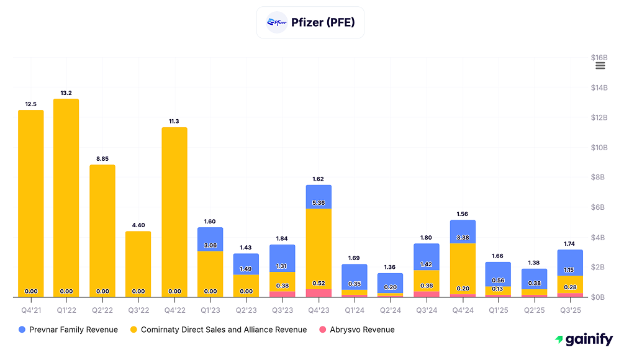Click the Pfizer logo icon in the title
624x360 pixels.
coord(276,22)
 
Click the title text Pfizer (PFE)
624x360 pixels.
coord(322,22)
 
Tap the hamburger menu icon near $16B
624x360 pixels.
coord(600,66)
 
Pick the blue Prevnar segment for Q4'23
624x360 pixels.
coord(319,197)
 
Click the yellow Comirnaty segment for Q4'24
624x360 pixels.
coord(463,267)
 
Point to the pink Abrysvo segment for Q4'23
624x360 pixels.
coord(319,293)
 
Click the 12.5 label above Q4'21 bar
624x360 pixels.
coord(30,104)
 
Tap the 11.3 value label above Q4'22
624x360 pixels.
coord(174,121)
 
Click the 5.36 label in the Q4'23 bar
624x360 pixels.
coord(319,203)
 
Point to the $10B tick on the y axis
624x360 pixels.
coord(599,148)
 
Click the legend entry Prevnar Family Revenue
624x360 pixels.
coord(68,330)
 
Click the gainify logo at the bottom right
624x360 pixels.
coord(584,340)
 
